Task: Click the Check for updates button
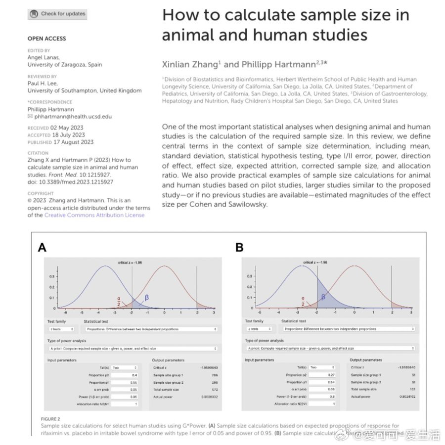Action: click(x=57, y=14)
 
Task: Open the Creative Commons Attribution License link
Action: click(x=94, y=215)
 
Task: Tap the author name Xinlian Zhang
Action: click(x=188, y=64)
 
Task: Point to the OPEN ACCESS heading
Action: click(x=46, y=39)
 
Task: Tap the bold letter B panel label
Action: click(x=239, y=247)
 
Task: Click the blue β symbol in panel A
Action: click(x=146, y=298)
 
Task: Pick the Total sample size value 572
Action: click(x=214, y=390)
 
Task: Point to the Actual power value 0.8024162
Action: click(x=407, y=397)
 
